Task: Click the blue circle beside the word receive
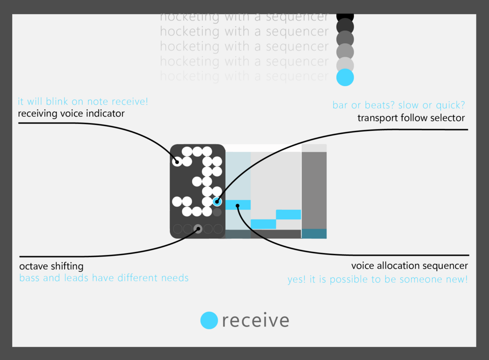point(208,320)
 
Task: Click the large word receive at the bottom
point(256,321)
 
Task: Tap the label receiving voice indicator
point(71,114)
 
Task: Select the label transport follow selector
point(411,118)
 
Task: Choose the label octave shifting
point(51,266)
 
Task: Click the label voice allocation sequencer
point(409,266)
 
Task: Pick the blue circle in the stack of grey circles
point(345,77)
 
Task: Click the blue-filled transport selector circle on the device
point(217,201)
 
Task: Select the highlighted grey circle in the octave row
point(198,229)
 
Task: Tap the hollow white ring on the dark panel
point(177,162)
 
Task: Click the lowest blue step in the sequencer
point(263,224)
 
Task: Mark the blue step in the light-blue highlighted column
point(238,205)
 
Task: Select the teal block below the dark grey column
point(314,234)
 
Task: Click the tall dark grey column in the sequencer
point(314,190)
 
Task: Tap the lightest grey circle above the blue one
point(345,64)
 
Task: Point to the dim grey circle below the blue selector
point(217,212)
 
